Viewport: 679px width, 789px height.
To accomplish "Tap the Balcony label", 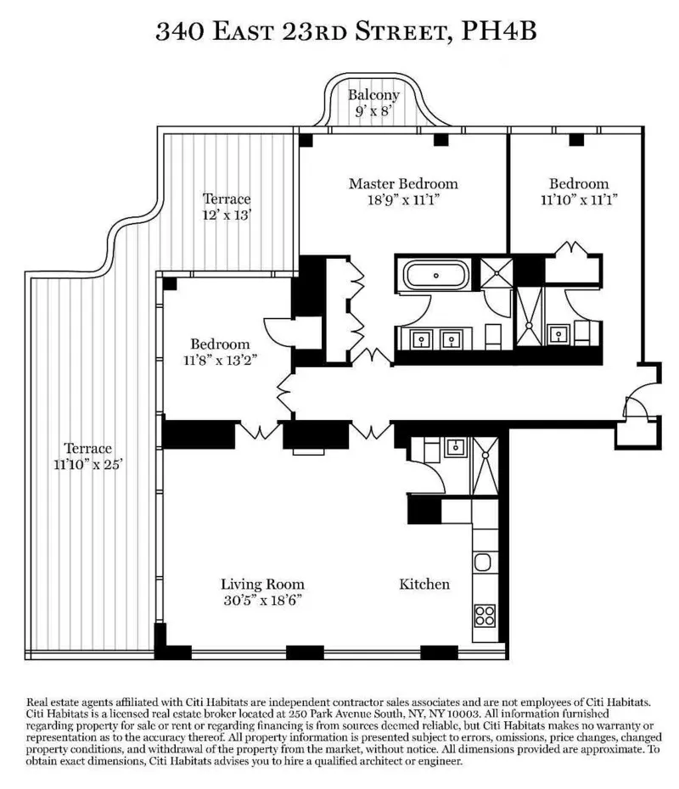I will pos(373,95).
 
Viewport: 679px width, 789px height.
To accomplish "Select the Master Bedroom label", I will pos(403,183).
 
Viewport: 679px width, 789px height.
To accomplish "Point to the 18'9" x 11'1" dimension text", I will pos(403,200).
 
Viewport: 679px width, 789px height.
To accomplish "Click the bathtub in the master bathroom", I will pos(435,276).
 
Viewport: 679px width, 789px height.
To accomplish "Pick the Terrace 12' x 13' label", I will pos(226,207).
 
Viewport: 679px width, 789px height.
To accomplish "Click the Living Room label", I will pos(262,585).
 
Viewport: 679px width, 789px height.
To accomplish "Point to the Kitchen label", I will pos(424,585).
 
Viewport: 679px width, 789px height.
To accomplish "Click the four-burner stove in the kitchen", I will pos(485,614).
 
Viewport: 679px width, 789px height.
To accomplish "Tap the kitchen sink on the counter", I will pos(484,562).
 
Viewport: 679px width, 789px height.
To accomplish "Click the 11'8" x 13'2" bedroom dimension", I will pos(220,360).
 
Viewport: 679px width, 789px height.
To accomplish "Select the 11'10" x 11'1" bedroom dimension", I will pos(578,200).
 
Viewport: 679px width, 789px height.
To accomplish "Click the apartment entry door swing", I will pos(631,407).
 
